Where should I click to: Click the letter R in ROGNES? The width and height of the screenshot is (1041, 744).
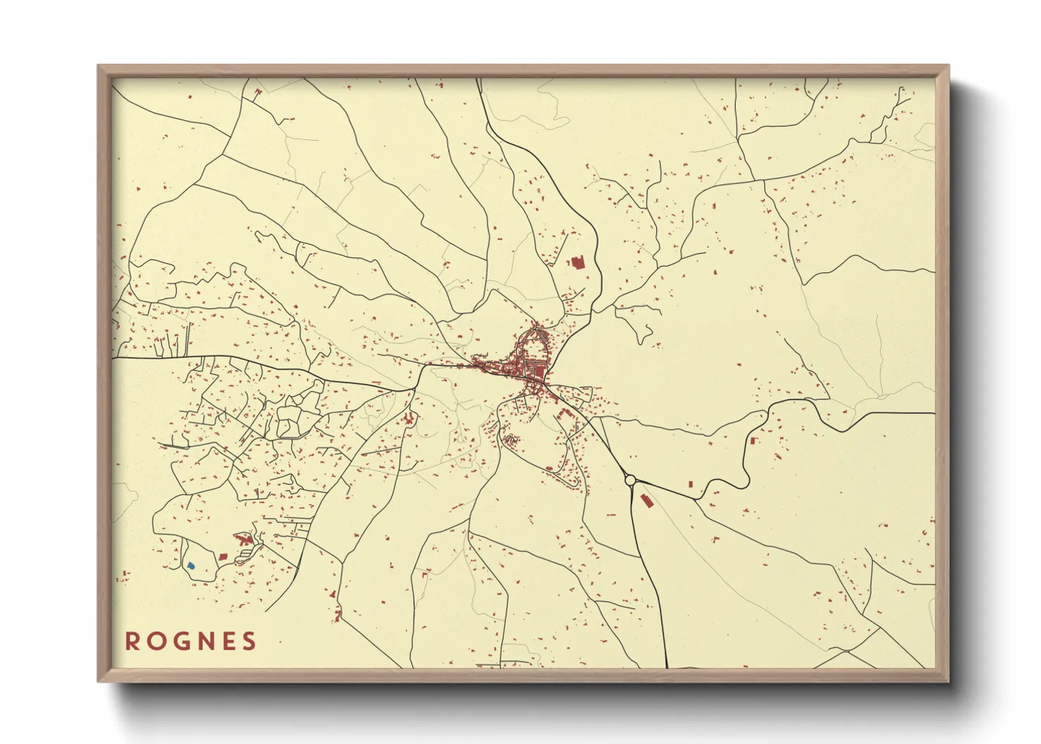point(132,641)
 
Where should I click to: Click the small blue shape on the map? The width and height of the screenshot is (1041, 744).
point(191,565)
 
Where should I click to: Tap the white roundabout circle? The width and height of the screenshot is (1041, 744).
point(630,480)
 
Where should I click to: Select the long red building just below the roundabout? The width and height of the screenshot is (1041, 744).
point(646,501)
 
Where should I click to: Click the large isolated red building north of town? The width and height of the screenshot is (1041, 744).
point(578,263)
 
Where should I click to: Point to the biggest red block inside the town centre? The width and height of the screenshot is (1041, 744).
point(537,370)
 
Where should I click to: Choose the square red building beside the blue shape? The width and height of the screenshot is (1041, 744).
point(223,556)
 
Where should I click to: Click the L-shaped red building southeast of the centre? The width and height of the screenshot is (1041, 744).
point(561,413)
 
